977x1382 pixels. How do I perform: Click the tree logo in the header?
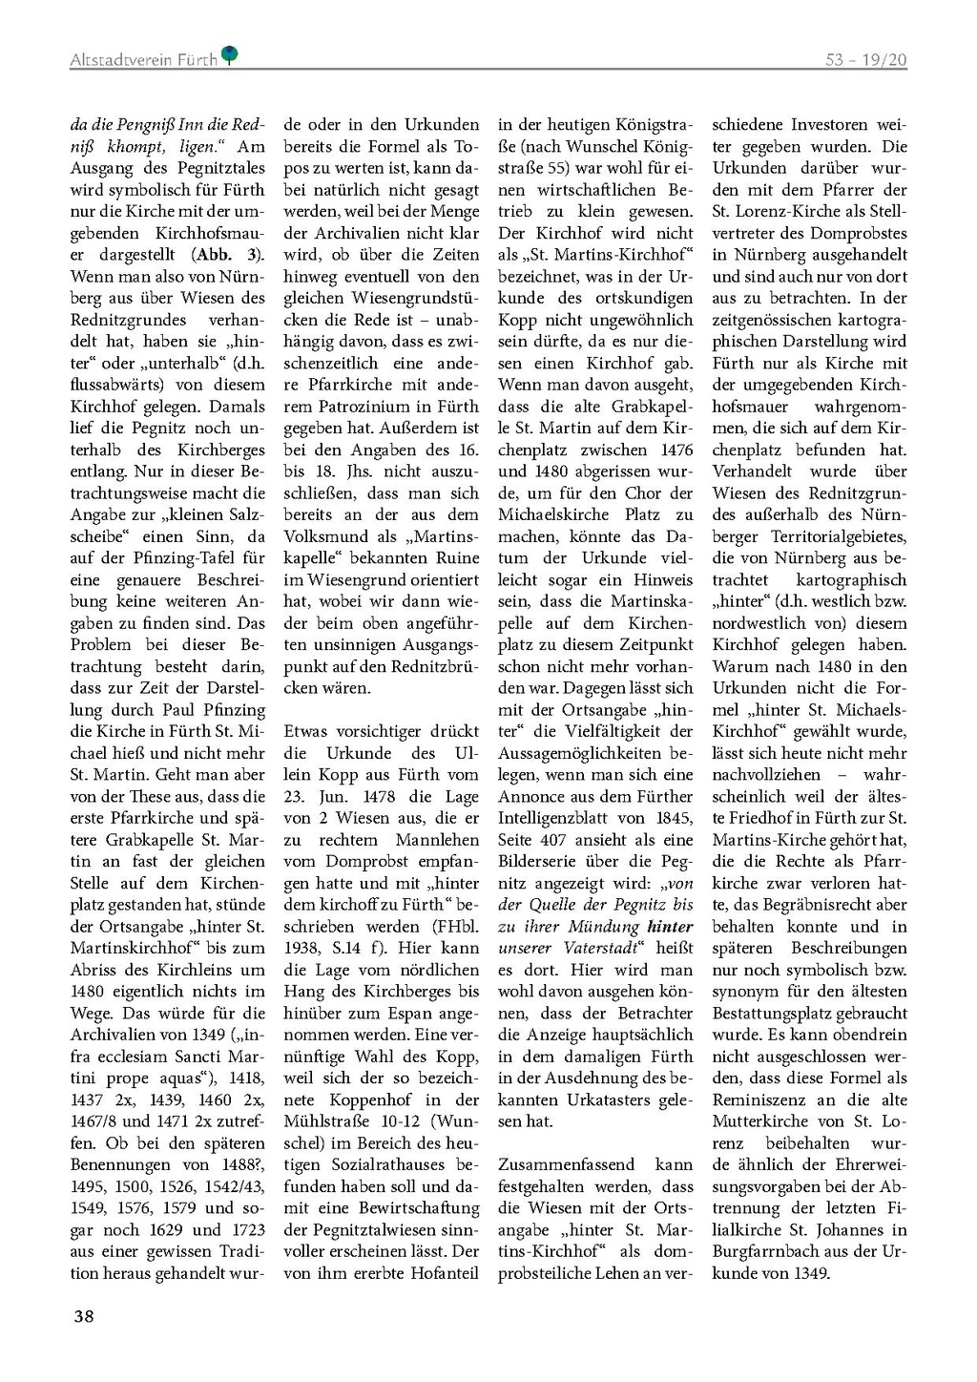[230, 56]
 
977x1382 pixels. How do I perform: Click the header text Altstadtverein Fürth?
[143, 59]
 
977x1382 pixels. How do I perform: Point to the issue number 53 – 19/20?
[865, 59]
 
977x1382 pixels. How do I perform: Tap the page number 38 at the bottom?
[84, 1316]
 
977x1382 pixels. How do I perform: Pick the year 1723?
[245, 1230]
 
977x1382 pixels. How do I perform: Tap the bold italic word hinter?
[670, 927]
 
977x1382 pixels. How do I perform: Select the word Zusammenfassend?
[567, 1165]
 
